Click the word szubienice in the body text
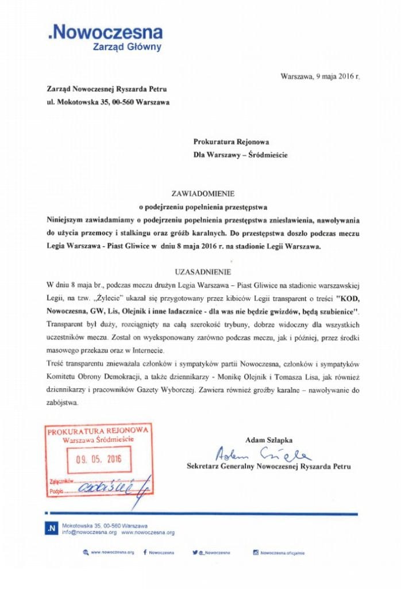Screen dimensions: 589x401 (331, 311)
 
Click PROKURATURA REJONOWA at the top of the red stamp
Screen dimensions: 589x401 (99, 431)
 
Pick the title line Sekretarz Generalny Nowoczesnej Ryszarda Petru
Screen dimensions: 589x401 (268, 466)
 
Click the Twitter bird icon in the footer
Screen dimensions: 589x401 (195, 552)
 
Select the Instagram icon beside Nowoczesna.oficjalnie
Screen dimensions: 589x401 (256, 552)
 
